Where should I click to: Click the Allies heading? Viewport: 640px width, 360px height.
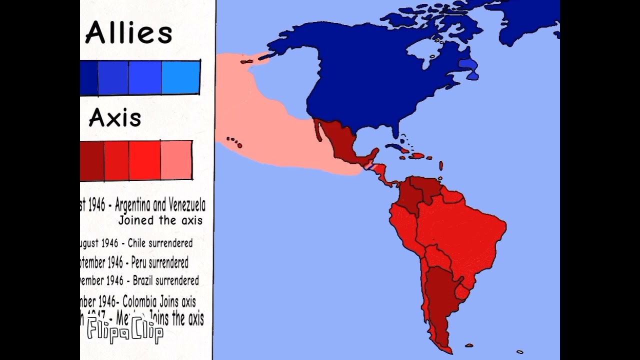[x=128, y=33]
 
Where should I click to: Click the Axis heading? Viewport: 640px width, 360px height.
[x=115, y=118]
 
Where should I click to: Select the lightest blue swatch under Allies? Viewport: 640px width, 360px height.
[x=180, y=77]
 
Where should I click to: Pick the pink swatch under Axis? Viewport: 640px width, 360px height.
[x=176, y=160]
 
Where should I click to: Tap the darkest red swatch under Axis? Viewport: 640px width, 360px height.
[x=92, y=160]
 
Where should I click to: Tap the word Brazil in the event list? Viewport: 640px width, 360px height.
[x=143, y=280]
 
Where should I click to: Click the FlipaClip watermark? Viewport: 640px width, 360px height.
[x=125, y=331]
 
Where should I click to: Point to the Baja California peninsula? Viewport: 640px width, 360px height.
[x=318, y=130]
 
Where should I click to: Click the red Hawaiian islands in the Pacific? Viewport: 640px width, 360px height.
[x=233, y=142]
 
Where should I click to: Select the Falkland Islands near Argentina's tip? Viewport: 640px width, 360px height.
[x=469, y=345]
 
